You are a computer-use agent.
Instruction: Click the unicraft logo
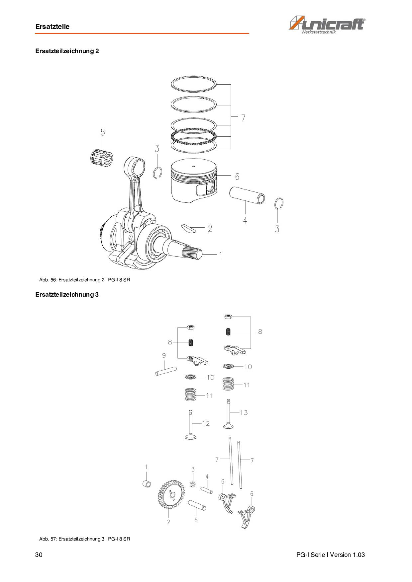coord(327,25)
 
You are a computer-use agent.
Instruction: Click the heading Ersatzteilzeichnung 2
coord(67,51)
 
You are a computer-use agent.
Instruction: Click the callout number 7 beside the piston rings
coord(244,118)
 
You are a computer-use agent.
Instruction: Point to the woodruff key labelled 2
coord(190,228)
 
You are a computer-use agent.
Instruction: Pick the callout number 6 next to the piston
coord(237,177)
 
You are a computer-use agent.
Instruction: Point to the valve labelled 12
coord(190,424)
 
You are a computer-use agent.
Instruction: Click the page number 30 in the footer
coord(39,555)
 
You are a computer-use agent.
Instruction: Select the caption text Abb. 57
coord(48,539)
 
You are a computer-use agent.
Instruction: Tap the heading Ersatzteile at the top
coord(52,27)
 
